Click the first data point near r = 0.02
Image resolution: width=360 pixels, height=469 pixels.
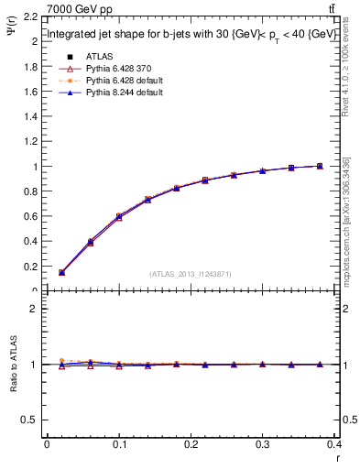point(61,272)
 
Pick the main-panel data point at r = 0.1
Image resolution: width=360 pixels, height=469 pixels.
point(119,216)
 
